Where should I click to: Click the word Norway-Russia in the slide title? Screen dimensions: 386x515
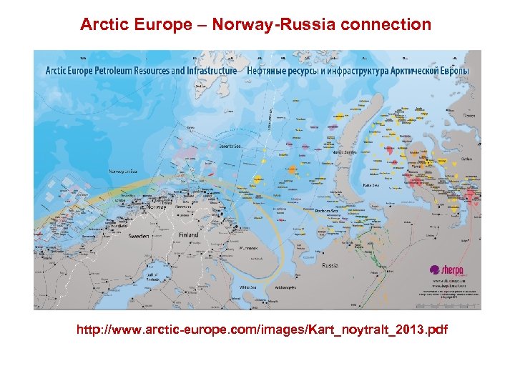click(x=293, y=25)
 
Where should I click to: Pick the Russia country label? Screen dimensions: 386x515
click(x=330, y=265)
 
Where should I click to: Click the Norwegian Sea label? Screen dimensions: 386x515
click(x=124, y=172)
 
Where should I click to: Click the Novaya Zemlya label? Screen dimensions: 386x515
click(x=345, y=152)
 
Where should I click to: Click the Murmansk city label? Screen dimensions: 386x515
click(x=249, y=248)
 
